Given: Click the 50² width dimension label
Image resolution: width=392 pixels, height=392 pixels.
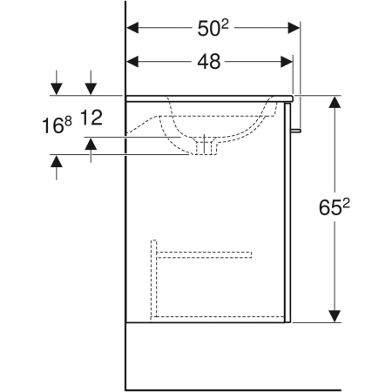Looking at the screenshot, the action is pyautogui.click(x=213, y=28).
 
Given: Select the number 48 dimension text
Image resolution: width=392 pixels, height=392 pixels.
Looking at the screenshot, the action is pyautogui.click(x=209, y=62).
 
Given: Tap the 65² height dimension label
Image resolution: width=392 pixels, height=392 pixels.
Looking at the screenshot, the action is pyautogui.click(x=335, y=207).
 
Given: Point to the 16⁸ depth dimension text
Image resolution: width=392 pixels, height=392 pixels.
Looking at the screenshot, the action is pyautogui.click(x=57, y=125).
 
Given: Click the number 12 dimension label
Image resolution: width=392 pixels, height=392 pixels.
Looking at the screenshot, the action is pyautogui.click(x=91, y=118).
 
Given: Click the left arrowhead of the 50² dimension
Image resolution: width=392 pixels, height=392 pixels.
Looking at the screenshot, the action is pyautogui.click(x=132, y=28).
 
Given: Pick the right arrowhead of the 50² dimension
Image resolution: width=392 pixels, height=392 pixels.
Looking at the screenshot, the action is pyautogui.click(x=294, y=28).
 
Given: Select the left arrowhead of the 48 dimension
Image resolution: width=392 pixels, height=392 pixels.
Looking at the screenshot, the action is pyautogui.click(x=132, y=62).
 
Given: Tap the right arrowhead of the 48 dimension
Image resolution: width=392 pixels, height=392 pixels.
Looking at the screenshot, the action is pyautogui.click(x=287, y=62).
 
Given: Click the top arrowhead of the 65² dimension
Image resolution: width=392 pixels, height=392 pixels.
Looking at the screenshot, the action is pyautogui.click(x=335, y=102).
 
